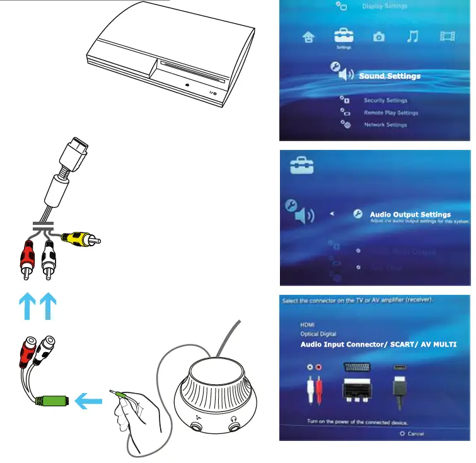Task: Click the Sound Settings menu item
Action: click(x=389, y=76)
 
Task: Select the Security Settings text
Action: click(x=385, y=101)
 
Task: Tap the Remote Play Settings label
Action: click(x=391, y=113)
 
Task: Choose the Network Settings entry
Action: click(x=385, y=125)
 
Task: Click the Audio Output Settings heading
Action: click(x=410, y=215)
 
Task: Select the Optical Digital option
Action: click(x=318, y=334)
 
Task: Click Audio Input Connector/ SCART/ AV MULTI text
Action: click(x=378, y=345)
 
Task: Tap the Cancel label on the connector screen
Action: click(x=415, y=433)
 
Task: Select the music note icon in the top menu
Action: click(x=413, y=36)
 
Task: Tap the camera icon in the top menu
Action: click(x=378, y=37)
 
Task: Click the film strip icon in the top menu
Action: click(x=448, y=36)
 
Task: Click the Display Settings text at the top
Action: click(x=385, y=6)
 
